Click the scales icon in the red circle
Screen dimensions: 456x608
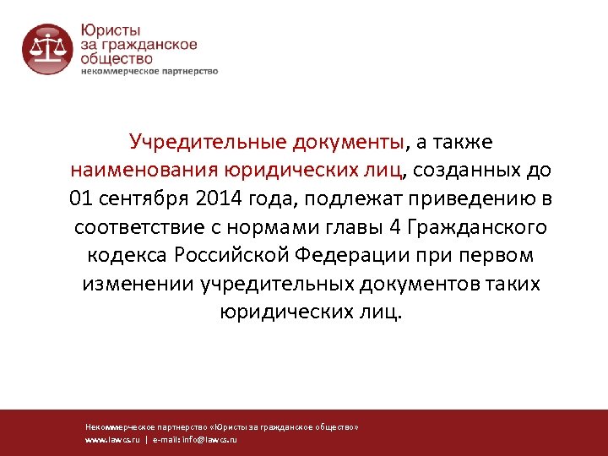coord(47,50)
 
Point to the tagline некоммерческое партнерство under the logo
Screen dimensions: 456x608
coord(149,72)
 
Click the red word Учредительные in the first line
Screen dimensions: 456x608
coord(203,141)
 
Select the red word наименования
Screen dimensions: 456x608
coord(144,170)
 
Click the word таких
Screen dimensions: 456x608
coord(512,285)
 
